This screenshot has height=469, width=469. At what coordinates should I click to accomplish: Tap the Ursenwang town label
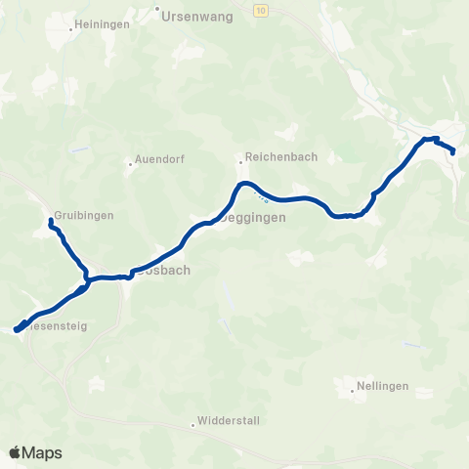(192, 17)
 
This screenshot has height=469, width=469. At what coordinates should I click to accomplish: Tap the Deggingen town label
(256, 219)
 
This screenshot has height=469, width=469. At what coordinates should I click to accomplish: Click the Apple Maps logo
(35, 452)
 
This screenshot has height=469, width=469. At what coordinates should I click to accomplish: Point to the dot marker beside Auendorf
(130, 164)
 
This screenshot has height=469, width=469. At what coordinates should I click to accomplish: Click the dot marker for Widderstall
(193, 424)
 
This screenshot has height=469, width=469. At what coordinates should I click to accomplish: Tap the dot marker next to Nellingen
(352, 393)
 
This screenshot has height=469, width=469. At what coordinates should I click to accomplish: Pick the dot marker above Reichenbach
(239, 162)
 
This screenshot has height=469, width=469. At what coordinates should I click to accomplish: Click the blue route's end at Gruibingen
(50, 223)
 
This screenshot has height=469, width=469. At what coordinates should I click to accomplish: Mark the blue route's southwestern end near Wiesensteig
(17, 329)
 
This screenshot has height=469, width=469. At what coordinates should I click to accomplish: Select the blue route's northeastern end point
(454, 150)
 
